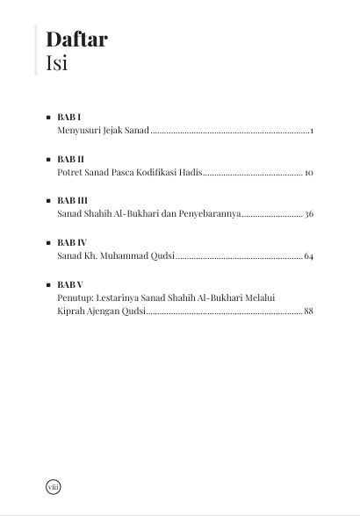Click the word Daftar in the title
point(76,39)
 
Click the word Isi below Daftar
point(57,63)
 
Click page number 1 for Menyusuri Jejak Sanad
point(312,131)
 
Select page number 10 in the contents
point(309,173)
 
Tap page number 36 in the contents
point(309,214)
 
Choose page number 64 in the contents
point(309,256)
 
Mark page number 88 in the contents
point(309,312)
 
